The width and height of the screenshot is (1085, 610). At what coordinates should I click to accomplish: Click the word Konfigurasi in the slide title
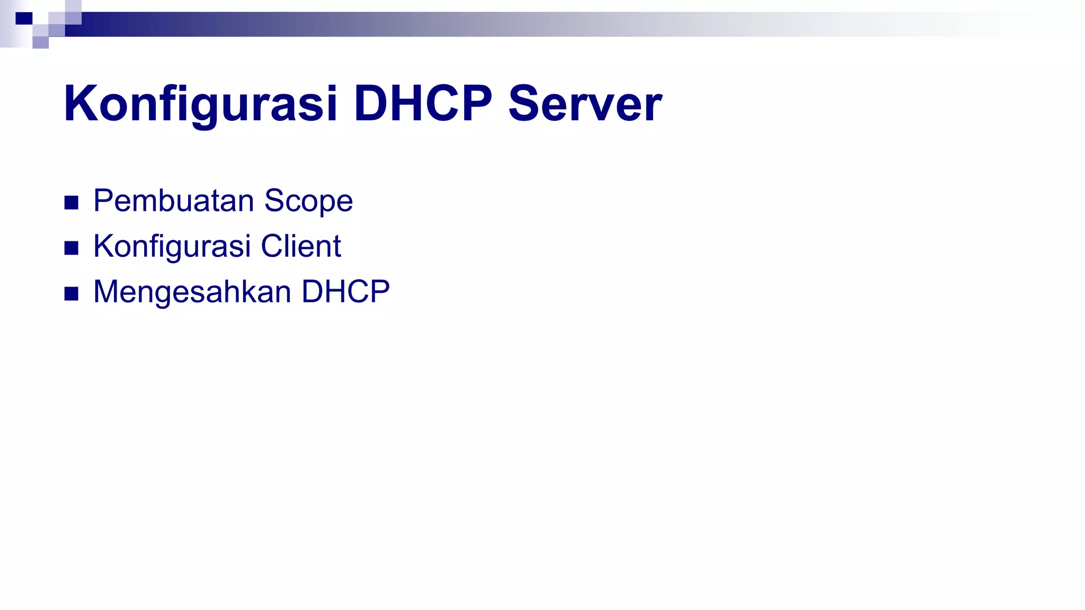tap(200, 104)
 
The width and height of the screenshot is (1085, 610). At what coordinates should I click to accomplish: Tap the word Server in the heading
tap(585, 104)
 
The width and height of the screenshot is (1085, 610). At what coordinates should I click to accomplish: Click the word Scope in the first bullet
tap(308, 202)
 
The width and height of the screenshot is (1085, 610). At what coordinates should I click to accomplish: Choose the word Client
tap(300, 246)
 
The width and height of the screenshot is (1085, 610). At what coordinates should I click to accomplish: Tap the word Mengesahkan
tap(192, 293)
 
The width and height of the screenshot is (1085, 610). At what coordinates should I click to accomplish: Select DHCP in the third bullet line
tap(345, 292)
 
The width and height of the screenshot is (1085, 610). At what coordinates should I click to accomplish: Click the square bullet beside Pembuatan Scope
tap(72, 202)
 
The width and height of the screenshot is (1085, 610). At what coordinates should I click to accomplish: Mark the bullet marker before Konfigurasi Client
tap(72, 248)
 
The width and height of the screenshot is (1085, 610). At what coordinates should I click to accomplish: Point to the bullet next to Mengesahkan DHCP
tap(72, 293)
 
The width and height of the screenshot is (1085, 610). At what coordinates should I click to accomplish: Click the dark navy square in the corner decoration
tap(24, 19)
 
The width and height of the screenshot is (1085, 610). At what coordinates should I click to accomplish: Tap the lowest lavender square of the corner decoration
tap(41, 42)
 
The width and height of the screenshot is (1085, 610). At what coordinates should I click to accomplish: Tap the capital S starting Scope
tap(275, 201)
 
